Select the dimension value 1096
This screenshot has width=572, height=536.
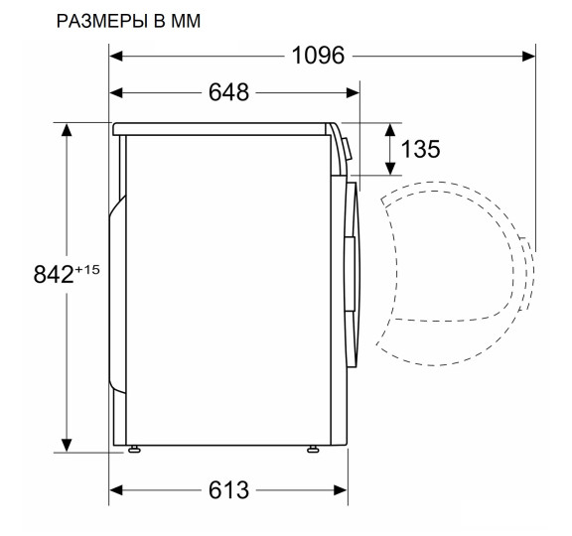coord(318,56)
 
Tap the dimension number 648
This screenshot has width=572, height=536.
coord(230,92)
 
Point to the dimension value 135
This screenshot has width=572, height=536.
coord(420,149)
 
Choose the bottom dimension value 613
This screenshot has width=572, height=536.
coord(230,490)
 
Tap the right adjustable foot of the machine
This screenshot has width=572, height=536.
coord(314,451)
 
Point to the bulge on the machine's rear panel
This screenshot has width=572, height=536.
coord(116,293)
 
